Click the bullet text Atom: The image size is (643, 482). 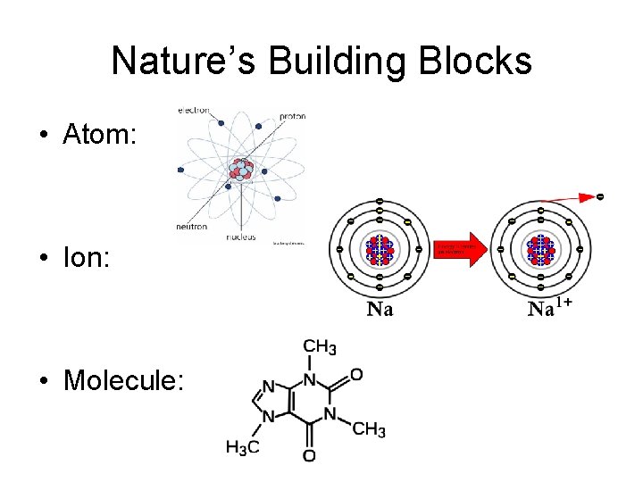pos(99,135)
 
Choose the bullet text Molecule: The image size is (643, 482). pos(123,381)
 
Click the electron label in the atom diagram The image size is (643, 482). pos(194,111)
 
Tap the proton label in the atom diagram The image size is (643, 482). pos(293,116)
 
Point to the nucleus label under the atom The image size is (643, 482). pos(242,237)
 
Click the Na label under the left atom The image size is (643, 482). pos(380,310)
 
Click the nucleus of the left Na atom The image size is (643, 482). pos(380,249)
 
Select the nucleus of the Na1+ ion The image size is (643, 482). pos(540,249)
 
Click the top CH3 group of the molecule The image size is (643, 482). pos(319,346)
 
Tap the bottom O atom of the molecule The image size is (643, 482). pos(309,456)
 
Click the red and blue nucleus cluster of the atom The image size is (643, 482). pos(241,169)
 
